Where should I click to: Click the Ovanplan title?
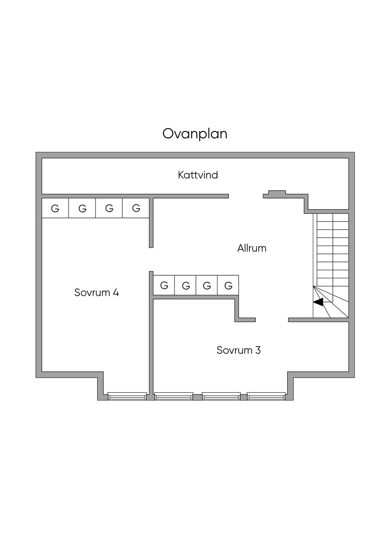click(x=195, y=134)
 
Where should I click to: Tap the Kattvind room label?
click(x=198, y=175)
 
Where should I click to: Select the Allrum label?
click(x=252, y=248)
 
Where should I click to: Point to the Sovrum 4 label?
click(x=96, y=292)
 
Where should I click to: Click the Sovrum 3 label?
click(x=238, y=350)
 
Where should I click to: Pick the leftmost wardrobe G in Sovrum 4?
click(x=55, y=209)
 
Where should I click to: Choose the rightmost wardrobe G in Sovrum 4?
click(x=136, y=208)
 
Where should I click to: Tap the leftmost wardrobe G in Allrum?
click(x=164, y=286)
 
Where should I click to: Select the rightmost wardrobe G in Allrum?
click(x=229, y=286)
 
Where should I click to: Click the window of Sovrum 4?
click(x=127, y=396)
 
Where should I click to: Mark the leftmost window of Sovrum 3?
click(x=174, y=396)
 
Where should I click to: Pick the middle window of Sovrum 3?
click(x=221, y=396)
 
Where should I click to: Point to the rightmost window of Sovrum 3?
click(x=266, y=396)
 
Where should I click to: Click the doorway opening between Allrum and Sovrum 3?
click(x=272, y=320)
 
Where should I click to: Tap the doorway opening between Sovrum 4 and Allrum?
click(x=151, y=260)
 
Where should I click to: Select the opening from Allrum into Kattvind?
click(x=246, y=196)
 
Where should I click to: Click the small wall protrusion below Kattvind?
click(x=277, y=192)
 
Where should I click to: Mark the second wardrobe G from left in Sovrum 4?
click(x=82, y=209)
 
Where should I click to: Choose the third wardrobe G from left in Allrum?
click(x=207, y=286)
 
